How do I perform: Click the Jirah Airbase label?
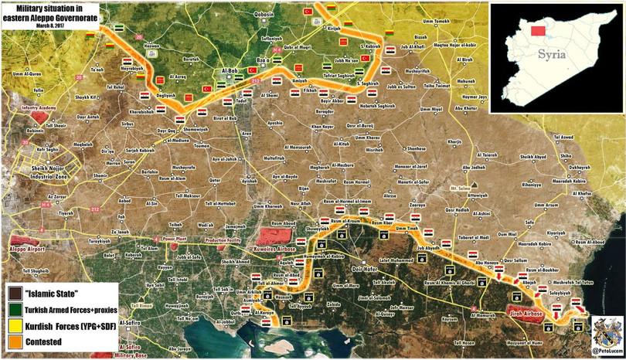(x=525, y=314)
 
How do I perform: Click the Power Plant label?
(x=175, y=240)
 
